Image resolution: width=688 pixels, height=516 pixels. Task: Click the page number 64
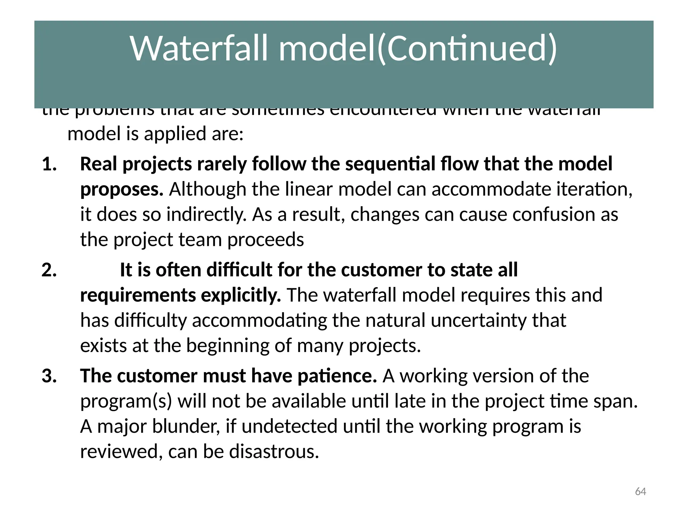[x=640, y=491]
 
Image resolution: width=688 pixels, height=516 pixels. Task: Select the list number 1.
[x=49, y=164]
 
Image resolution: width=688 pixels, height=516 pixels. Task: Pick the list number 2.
[x=49, y=270]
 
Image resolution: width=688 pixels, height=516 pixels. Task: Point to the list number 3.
[x=49, y=376]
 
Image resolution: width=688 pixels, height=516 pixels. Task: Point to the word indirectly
[x=207, y=215]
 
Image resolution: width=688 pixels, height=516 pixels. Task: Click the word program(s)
[x=126, y=401]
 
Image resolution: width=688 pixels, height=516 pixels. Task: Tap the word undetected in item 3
[x=289, y=426]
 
